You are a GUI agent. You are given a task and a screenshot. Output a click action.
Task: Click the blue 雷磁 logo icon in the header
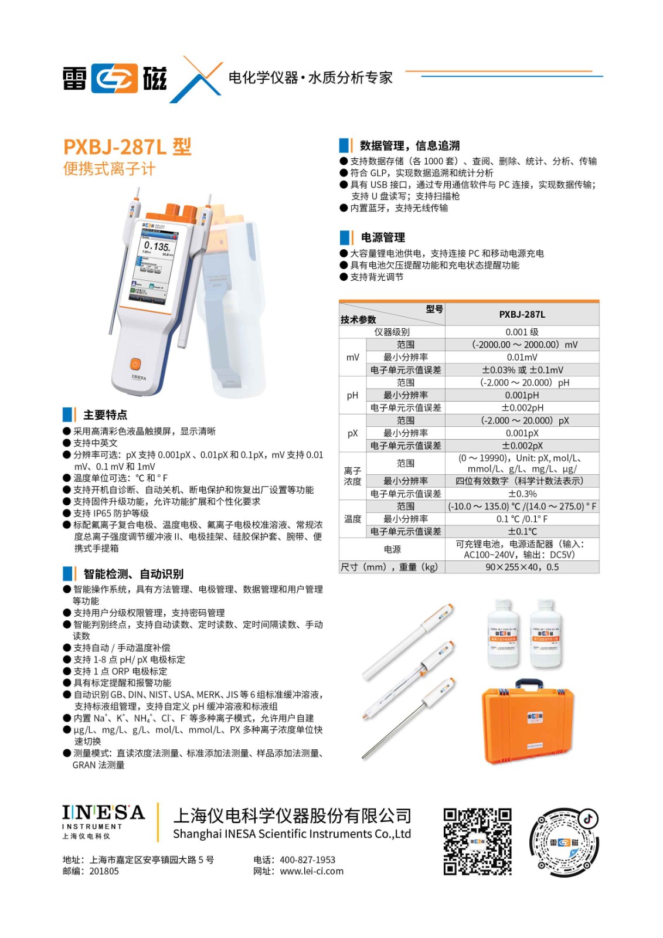pyautogui.click(x=114, y=79)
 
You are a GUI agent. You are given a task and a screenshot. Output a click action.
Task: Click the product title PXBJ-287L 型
pyautogui.click(x=127, y=147)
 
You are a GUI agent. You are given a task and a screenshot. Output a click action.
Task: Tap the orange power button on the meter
pyautogui.click(x=135, y=364)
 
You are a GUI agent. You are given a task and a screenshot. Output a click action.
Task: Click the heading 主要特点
pyautogui.click(x=105, y=415)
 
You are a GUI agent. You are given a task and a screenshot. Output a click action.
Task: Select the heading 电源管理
pyautogui.click(x=383, y=237)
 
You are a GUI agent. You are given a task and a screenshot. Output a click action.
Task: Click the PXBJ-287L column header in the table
pyautogui.click(x=522, y=314)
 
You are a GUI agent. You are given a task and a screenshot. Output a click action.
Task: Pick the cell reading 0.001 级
pyautogui.click(x=522, y=332)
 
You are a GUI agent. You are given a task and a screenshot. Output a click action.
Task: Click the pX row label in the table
pyautogui.click(x=352, y=433)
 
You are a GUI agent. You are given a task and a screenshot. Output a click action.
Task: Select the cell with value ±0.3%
pyautogui.click(x=522, y=494)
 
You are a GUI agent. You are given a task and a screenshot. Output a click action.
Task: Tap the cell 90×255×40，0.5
pyautogui.click(x=522, y=567)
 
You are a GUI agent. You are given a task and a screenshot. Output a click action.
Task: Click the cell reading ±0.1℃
pyautogui.click(x=522, y=531)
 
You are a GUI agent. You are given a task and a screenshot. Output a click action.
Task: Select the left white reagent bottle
pyautogui.click(x=504, y=634)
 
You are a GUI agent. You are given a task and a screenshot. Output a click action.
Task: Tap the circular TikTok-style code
pyautogui.click(x=564, y=842)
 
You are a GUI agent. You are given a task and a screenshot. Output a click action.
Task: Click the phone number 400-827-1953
pyautogui.click(x=307, y=859)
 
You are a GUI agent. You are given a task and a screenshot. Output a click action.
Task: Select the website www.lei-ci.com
pyautogui.click(x=311, y=871)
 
